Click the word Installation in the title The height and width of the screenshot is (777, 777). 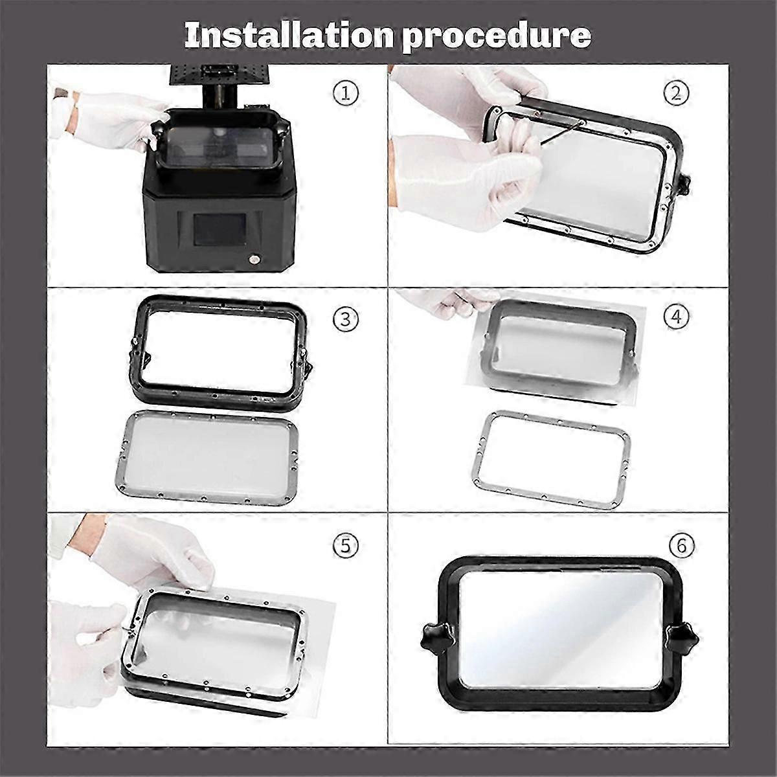(289, 36)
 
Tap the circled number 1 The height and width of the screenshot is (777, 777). (346, 94)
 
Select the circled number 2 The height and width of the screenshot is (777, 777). (676, 94)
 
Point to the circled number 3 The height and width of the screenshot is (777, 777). (346, 319)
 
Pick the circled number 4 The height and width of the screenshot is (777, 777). (676, 317)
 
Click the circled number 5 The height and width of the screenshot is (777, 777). (346, 546)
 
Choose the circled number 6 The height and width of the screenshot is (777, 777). (681, 546)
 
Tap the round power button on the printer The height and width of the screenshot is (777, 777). (254, 259)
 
